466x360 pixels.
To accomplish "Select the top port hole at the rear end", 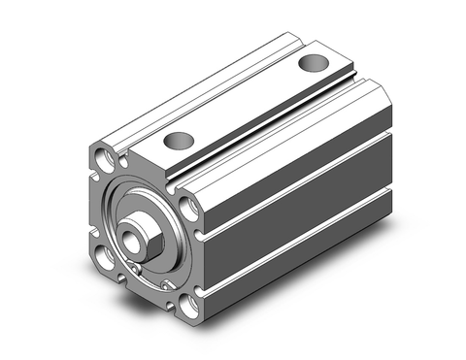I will (313, 64).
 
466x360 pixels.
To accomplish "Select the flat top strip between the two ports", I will (243, 103).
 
